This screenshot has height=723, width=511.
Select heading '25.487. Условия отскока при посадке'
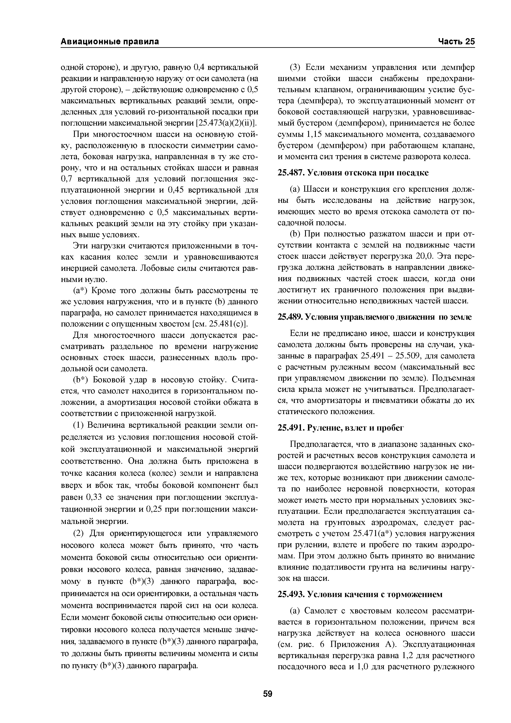pos(353,173)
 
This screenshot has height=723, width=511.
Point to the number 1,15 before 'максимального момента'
pos(314,134)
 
